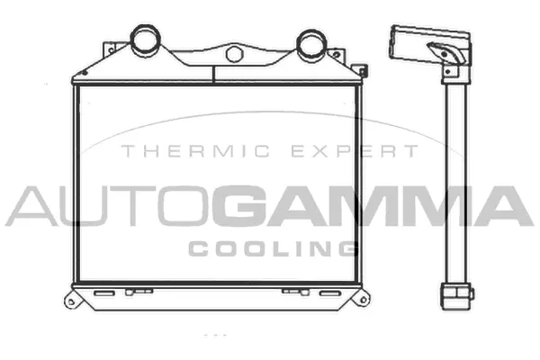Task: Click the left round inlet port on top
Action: pos(145,40)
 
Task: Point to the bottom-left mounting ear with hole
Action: pos(73,298)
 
